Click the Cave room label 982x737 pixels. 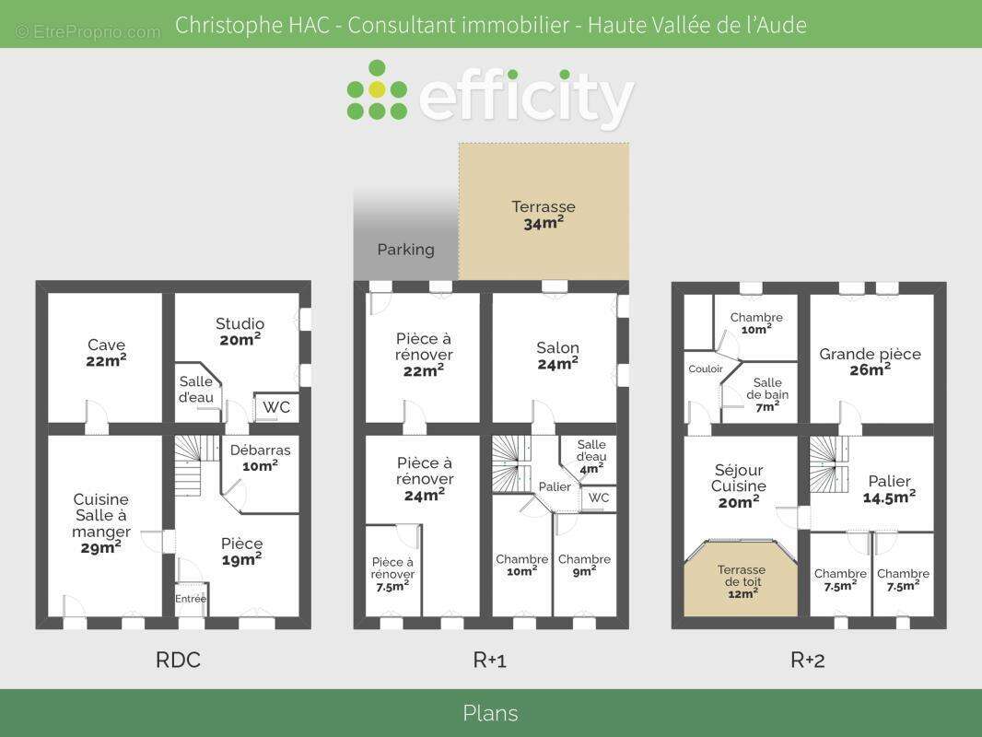[x=107, y=353]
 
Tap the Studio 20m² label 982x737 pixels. [x=240, y=332]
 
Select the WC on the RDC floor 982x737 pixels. [x=276, y=407]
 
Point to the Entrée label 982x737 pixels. [x=191, y=599]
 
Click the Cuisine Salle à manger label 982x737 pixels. [x=100, y=523]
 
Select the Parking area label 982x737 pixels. [x=406, y=250]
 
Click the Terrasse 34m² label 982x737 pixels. [x=543, y=215]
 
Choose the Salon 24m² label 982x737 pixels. [x=557, y=356]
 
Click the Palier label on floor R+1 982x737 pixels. [x=555, y=486]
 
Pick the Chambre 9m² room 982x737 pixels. [x=584, y=565]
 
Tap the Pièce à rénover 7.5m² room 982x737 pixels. [x=392, y=574]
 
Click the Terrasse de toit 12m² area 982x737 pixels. [x=741, y=581]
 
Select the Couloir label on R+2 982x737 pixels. [x=706, y=368]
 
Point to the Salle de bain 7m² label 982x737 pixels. [x=767, y=394]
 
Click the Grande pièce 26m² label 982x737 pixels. [x=870, y=362]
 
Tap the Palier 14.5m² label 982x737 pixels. [x=889, y=489]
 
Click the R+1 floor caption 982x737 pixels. [x=490, y=660]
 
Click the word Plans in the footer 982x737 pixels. [x=490, y=713]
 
